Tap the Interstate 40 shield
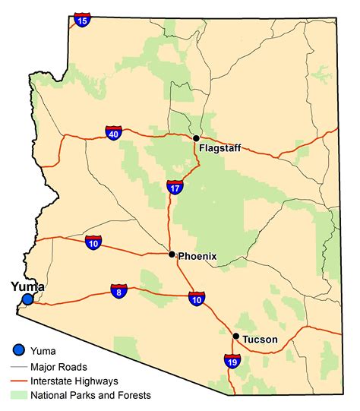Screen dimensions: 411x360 (114, 134)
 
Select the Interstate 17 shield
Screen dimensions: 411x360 (175, 187)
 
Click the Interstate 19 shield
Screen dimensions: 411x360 (232, 361)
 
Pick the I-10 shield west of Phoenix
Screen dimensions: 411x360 (93, 242)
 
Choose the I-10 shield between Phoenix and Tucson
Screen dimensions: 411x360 (197, 298)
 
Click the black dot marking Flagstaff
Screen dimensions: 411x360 (196, 138)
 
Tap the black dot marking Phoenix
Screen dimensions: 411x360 (172, 255)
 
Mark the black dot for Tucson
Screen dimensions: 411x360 (236, 336)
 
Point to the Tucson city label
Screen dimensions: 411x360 (260, 340)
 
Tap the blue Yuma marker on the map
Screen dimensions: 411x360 (27, 299)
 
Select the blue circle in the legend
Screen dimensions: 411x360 (20, 350)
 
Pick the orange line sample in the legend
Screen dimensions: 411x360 (20, 380)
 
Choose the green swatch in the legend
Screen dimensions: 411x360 (20, 395)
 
